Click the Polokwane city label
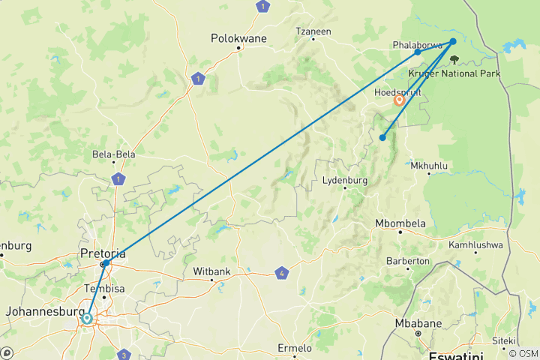coord(238,37)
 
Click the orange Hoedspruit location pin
coord(399,100)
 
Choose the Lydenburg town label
coord(344,181)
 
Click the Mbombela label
coord(400,223)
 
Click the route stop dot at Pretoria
coord(106,263)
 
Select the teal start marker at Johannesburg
coord(87,319)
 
